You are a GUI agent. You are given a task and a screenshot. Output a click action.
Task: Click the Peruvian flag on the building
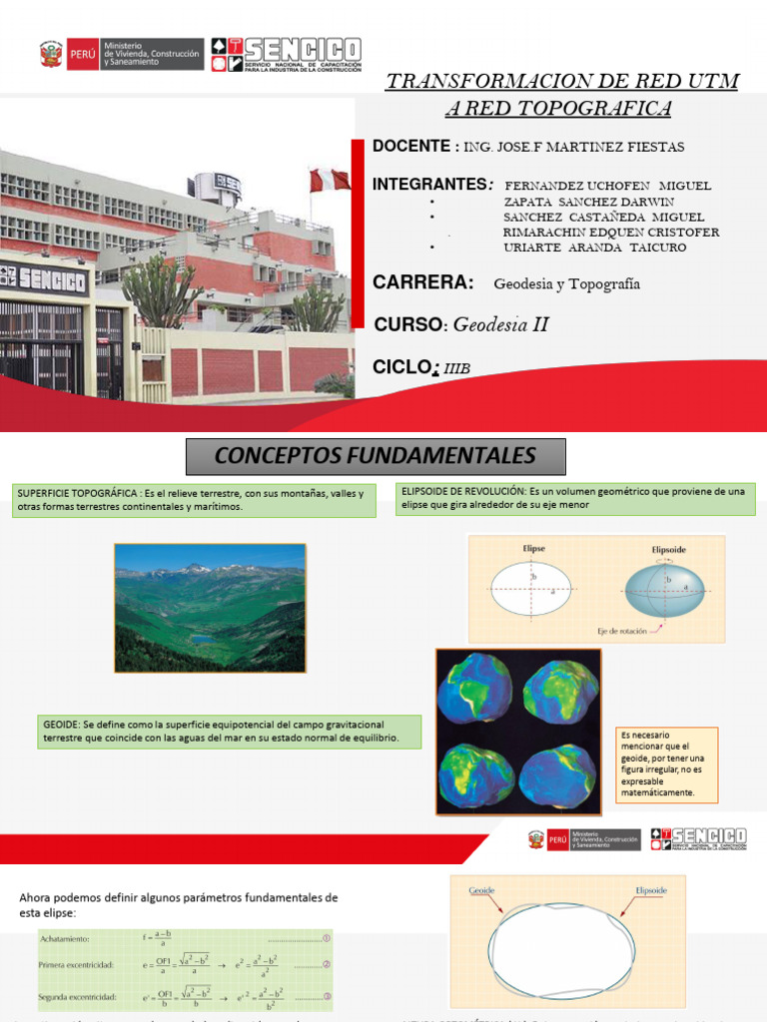coord(329,180)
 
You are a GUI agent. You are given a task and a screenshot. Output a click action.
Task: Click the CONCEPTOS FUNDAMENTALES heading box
coord(376,457)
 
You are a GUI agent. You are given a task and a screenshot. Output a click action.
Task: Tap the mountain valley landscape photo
coord(210,607)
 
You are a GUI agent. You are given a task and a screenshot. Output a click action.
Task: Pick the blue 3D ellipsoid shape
coord(663,591)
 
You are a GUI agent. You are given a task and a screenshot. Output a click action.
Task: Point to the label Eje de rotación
coord(624,631)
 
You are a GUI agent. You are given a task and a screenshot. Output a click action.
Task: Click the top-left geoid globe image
coord(474,688)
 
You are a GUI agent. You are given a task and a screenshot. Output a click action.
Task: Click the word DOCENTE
coord(410,147)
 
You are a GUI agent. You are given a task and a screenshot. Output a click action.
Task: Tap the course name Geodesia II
coord(500,324)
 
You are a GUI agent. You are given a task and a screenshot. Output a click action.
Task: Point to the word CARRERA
coord(422,283)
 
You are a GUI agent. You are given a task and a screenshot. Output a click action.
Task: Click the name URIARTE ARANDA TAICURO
coord(594,248)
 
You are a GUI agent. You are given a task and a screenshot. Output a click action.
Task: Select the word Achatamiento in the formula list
coord(65,939)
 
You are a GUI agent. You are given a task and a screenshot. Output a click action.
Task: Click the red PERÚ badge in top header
coord(81,54)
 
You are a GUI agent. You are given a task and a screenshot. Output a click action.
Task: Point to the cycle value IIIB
coord(455,369)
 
